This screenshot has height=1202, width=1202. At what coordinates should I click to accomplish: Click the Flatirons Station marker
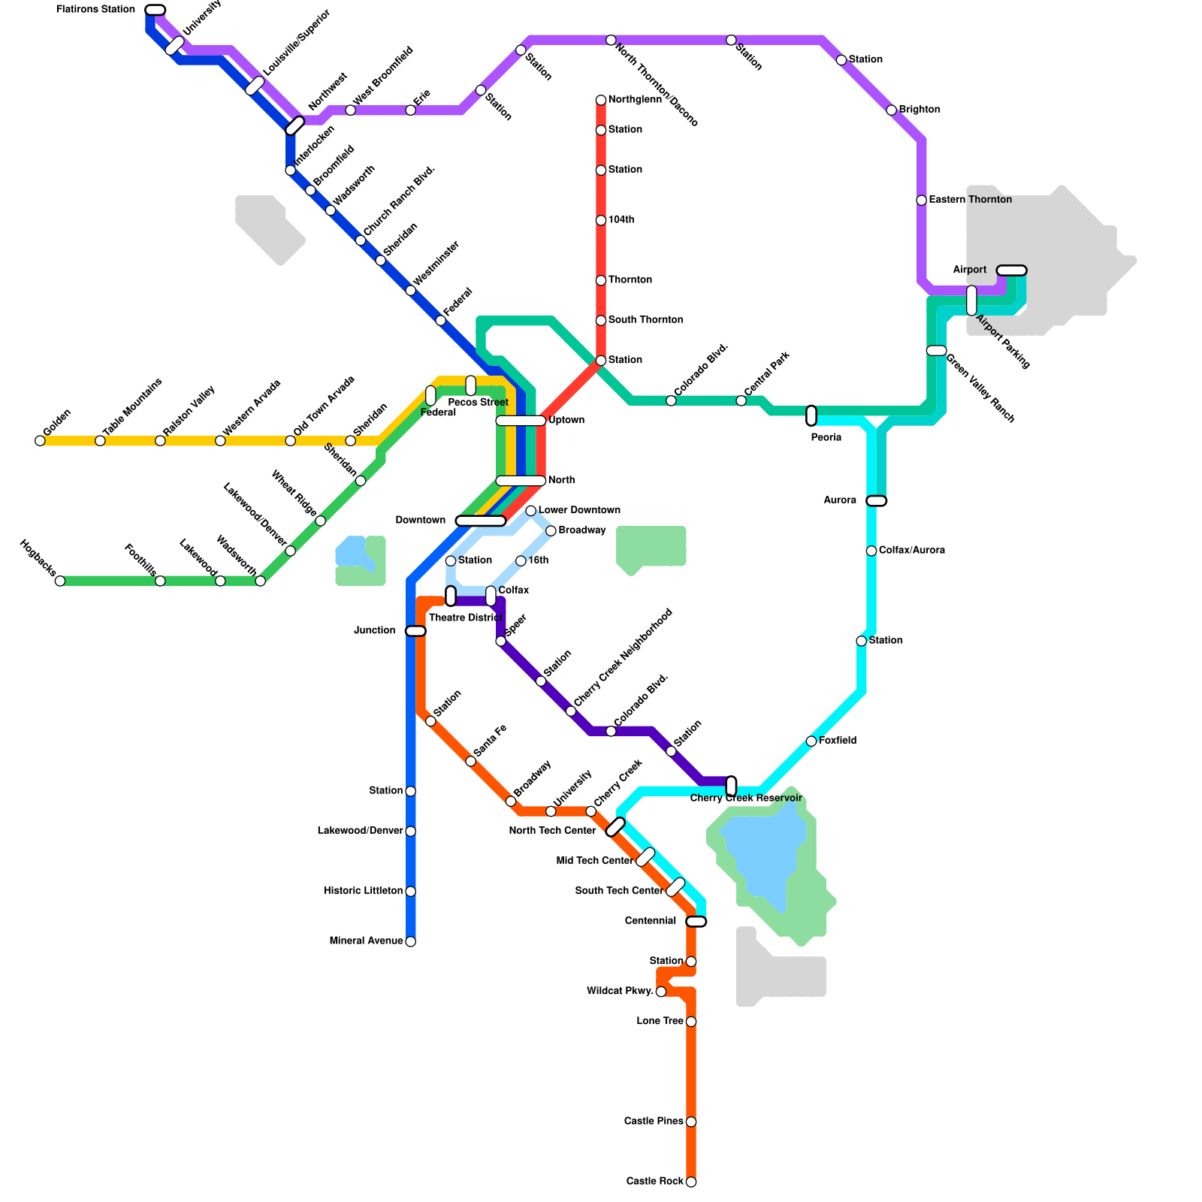[155, 10]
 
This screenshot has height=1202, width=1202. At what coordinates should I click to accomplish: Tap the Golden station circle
[40, 441]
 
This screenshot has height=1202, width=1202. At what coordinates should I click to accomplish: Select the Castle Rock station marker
[691, 1182]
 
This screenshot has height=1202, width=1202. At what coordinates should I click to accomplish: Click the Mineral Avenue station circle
[410, 941]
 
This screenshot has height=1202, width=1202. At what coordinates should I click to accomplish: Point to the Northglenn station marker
[601, 100]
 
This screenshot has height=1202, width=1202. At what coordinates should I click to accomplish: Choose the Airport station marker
[1011, 270]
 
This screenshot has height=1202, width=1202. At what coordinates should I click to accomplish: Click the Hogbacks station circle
[60, 581]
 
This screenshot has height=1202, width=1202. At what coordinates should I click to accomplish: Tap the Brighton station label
[919, 110]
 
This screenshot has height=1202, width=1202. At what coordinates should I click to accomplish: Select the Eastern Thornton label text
[970, 200]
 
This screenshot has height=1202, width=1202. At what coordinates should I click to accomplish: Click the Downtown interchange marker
[481, 521]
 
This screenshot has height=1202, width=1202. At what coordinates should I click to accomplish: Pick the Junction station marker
[415, 631]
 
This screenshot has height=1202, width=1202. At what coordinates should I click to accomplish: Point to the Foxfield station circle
[811, 741]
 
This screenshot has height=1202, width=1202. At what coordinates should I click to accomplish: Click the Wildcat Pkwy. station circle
[661, 992]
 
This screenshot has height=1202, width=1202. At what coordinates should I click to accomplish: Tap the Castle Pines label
[654, 1122]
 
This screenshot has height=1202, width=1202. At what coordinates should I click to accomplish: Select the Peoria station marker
[811, 415]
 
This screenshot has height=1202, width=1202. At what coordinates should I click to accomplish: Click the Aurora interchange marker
[876, 501]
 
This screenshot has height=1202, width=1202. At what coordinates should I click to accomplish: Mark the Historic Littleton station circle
[410, 892]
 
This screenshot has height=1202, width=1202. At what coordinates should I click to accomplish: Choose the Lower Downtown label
[579, 510]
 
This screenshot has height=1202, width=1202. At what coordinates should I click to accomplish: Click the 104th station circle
[601, 220]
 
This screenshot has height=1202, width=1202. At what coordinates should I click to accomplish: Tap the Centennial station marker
[696, 922]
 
